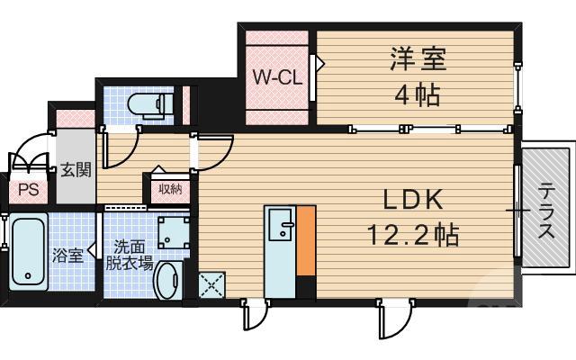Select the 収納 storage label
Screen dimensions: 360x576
tap(170, 188)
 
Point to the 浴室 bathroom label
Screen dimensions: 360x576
tap(68, 255)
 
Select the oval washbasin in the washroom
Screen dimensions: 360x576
tap(167, 283)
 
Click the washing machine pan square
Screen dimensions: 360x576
tap(171, 231)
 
